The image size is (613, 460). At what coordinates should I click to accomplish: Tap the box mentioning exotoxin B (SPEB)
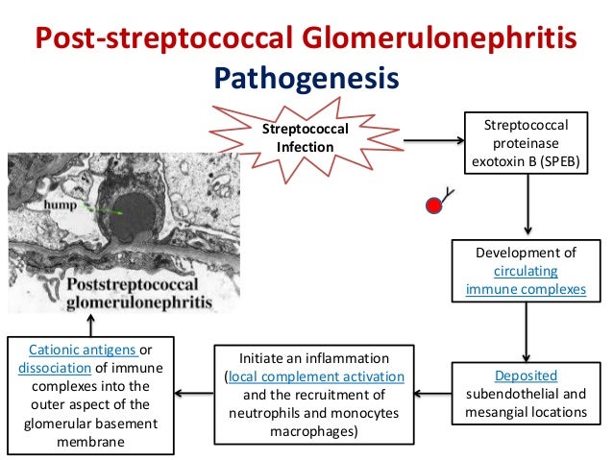pyautogui.click(x=526, y=144)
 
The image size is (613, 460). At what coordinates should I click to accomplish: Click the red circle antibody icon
pyautogui.click(x=434, y=206)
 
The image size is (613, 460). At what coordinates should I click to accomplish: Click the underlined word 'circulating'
pyautogui.click(x=526, y=270)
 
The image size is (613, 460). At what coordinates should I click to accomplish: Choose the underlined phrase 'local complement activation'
pyautogui.click(x=313, y=376)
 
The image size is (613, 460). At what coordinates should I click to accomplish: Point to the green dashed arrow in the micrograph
pyautogui.click(x=101, y=206)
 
